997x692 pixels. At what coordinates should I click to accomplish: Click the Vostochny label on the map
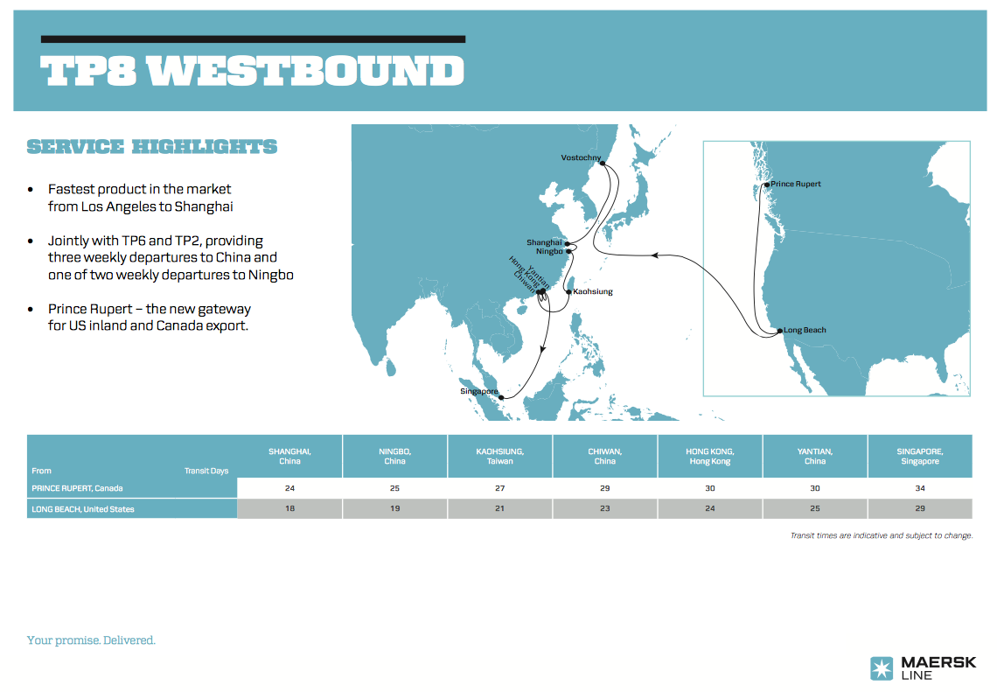[x=581, y=157]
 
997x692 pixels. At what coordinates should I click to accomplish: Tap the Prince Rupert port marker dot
[x=766, y=185]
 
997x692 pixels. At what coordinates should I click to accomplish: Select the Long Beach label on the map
[x=805, y=330]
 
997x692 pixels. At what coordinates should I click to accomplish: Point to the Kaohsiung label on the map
[x=593, y=291]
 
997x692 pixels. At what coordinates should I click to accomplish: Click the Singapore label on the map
[x=478, y=391]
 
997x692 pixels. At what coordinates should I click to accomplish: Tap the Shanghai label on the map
[x=543, y=242]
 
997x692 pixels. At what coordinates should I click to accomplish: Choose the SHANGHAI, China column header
[x=289, y=456]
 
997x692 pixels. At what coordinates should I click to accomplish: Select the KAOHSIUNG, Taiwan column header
[x=500, y=456]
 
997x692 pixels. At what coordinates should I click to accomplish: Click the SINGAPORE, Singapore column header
[x=920, y=456]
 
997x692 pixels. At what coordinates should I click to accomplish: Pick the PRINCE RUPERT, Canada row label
[x=77, y=488]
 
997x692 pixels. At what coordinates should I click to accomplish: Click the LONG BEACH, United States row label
[x=83, y=509]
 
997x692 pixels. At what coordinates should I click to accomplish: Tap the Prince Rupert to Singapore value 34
[x=920, y=488]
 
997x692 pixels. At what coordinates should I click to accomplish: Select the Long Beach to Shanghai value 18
[x=289, y=509]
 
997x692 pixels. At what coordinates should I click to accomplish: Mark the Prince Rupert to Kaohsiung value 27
[x=500, y=488]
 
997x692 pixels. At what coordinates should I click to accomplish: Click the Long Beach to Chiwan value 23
[x=605, y=509]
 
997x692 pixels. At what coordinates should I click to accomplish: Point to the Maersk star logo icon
[x=882, y=668]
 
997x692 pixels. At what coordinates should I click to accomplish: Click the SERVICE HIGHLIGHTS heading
[x=152, y=147]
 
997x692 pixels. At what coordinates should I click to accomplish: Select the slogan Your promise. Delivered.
[x=91, y=640]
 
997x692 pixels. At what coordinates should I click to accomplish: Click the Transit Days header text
[x=206, y=471]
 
